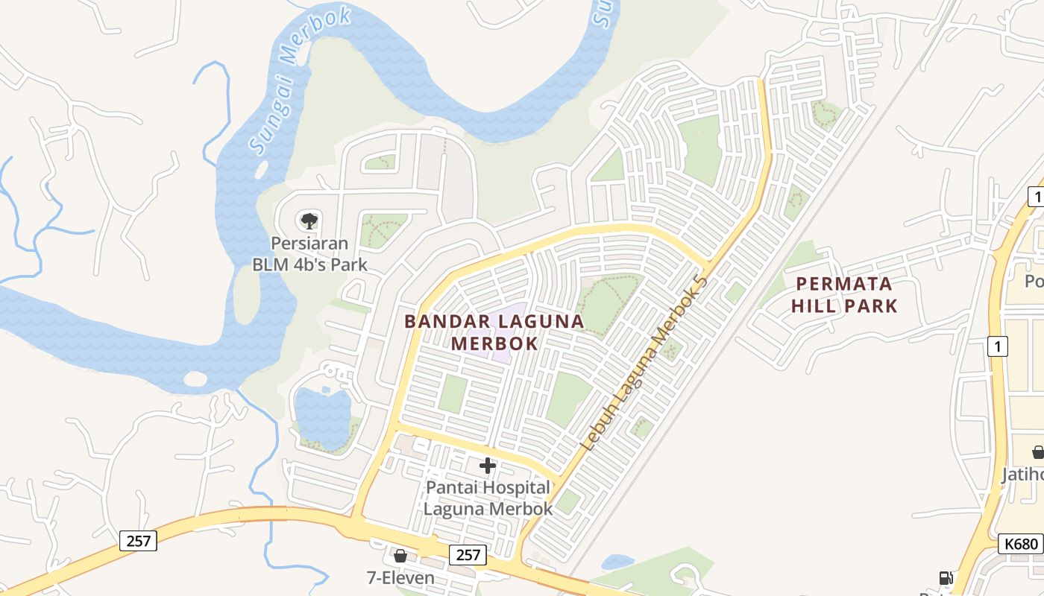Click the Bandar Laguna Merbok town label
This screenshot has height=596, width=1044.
tap(494, 332)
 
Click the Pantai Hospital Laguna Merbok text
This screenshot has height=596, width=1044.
tap(488, 498)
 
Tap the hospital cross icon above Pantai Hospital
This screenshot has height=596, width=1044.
tap(488, 466)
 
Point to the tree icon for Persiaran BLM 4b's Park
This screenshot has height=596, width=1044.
tap(309, 221)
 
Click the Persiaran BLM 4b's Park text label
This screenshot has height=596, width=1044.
tap(309, 254)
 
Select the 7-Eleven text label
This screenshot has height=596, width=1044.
tap(400, 577)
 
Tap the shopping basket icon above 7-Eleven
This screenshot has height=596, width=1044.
tap(400, 556)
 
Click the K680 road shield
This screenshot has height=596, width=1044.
tap(1020, 544)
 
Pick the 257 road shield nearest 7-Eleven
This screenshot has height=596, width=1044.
tap(468, 554)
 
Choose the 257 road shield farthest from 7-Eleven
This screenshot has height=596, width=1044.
tap(138, 540)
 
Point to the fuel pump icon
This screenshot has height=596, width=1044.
tap(946, 578)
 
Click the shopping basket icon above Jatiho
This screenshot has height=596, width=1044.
tap(1037, 451)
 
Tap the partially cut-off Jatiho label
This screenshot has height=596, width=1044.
tap(1022, 475)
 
